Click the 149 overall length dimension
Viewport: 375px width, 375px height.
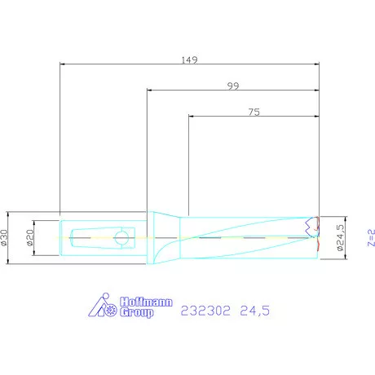pos(189,60)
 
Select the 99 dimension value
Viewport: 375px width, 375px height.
pos(233,86)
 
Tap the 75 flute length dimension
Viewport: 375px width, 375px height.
pos(254,112)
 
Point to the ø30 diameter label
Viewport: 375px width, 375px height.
pos(4,238)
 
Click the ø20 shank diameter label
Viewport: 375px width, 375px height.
pos(30,238)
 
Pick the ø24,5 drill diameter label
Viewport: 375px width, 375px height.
pos(340,237)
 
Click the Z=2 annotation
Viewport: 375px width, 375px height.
pos(371,238)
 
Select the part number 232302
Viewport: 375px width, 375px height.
pos(205,311)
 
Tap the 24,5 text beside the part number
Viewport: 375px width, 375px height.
pos(255,311)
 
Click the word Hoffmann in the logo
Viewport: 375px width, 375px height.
pos(146,302)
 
